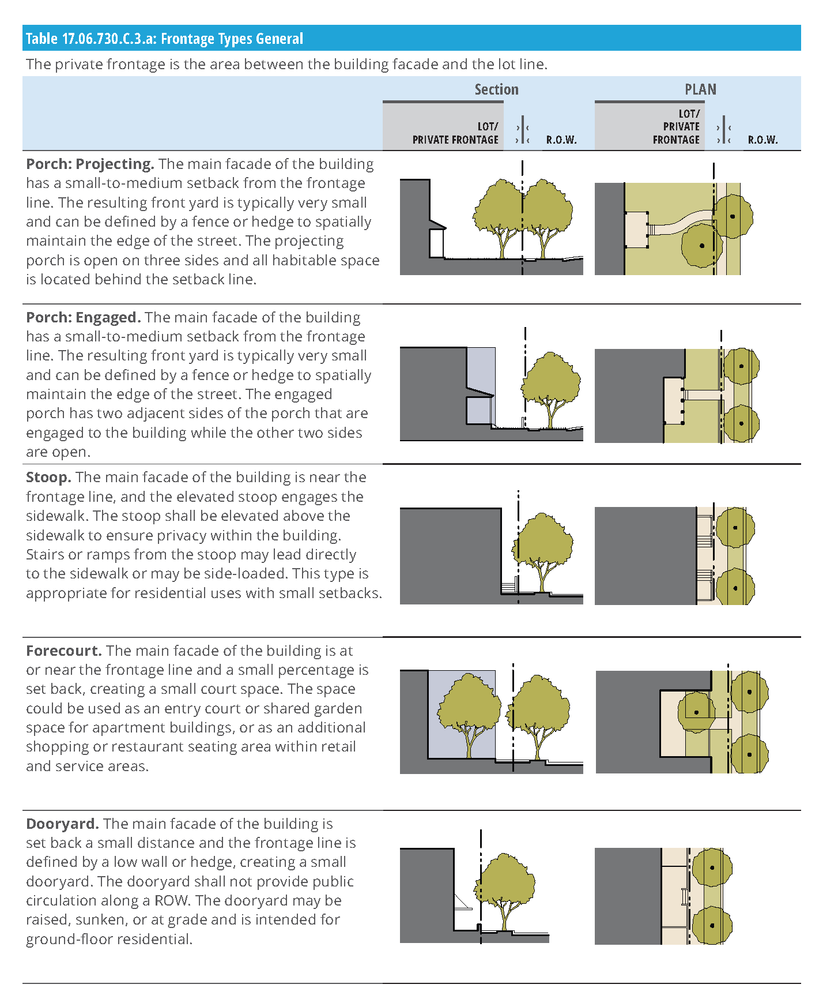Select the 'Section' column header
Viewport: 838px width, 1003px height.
click(496, 89)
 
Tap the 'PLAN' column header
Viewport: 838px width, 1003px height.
click(700, 89)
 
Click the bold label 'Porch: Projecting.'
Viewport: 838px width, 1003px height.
click(90, 164)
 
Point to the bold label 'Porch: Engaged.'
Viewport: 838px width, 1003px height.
click(84, 318)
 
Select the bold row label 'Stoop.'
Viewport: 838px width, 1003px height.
click(48, 478)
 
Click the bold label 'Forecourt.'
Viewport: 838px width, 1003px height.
click(64, 651)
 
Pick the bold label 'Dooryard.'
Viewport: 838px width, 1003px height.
click(62, 824)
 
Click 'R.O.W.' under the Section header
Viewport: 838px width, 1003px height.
click(561, 140)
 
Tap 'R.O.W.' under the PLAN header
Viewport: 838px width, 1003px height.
click(762, 140)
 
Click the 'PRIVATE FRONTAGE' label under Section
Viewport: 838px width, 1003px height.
click(455, 140)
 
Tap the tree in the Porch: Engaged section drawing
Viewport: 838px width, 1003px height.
click(551, 384)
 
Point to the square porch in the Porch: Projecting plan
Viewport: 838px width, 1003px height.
click(636, 230)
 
